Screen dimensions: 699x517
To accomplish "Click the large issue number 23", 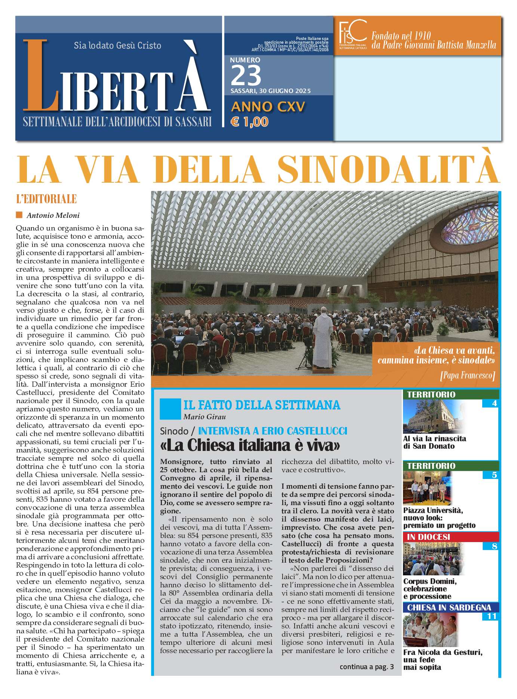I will coord(246,75).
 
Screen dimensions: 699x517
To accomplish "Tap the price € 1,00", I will coord(249,122).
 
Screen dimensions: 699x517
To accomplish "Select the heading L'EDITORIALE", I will coord(46,199).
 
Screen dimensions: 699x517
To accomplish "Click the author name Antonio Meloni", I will coord(53,215).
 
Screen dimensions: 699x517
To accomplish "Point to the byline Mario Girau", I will coord(204,417).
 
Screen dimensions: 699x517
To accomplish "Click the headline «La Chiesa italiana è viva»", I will coord(250,445).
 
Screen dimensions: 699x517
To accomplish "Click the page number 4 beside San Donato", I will coord(494,403).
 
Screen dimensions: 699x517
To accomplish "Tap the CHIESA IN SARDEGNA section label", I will coord(449,607).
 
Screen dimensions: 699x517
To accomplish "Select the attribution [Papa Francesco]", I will coord(467,375).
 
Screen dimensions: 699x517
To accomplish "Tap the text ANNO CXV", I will coord(268,107).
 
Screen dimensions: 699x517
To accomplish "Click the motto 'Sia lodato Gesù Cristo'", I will coord(117,46).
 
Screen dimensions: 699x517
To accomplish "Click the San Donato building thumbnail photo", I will coord(434,416).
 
